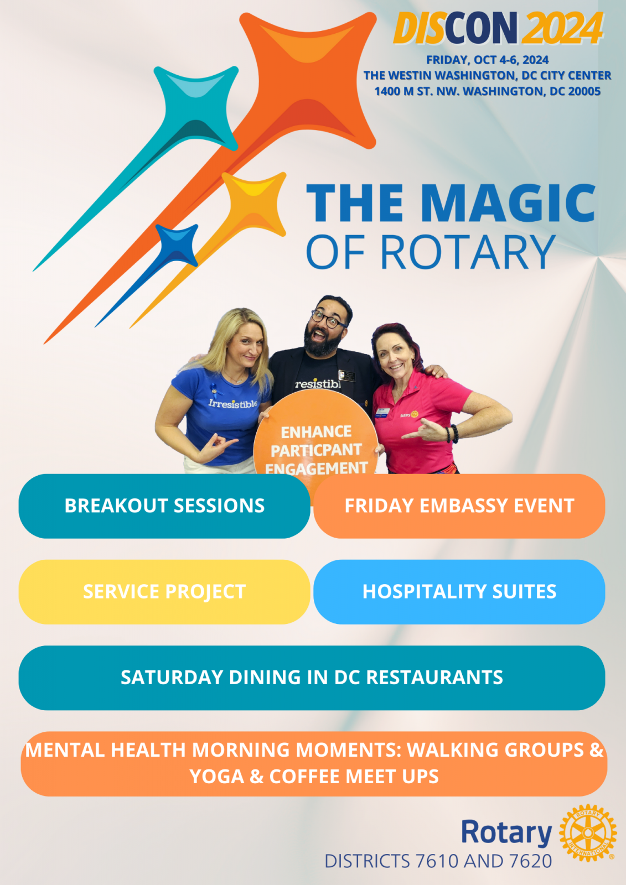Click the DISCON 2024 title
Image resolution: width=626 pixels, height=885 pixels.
click(498, 28)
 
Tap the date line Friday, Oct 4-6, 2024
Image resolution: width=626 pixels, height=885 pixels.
click(487, 60)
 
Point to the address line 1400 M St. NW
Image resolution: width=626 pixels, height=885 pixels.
click(487, 91)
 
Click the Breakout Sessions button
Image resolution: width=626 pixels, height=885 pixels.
click(164, 506)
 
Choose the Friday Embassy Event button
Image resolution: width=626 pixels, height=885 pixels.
click(459, 506)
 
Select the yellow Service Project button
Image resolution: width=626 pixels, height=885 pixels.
click(164, 592)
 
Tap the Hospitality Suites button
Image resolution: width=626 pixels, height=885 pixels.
click(459, 592)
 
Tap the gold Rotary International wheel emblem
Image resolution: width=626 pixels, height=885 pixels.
click(588, 832)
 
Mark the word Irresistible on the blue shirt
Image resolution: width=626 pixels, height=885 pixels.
click(233, 403)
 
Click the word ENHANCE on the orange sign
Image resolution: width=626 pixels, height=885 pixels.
click(316, 432)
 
